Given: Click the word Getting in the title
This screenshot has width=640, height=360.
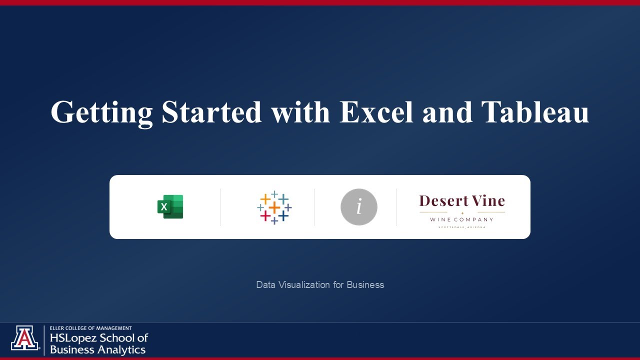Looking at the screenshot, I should tap(101, 112).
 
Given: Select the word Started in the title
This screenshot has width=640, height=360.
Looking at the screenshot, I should tap(211, 112).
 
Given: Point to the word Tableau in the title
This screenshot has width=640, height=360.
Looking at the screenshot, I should tap(535, 112).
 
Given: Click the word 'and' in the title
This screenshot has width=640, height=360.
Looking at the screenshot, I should tap(447, 112).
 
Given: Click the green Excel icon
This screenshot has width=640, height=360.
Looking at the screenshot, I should tap(170, 206).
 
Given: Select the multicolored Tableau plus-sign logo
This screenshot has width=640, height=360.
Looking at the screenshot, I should tap(274, 207).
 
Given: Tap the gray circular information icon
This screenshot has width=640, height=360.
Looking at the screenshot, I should tap(358, 207).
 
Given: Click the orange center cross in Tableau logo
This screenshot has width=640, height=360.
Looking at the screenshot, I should tap(274, 207).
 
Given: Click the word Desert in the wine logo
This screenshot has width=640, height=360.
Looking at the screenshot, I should tap(439, 201).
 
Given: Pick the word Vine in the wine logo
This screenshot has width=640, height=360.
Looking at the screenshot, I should tap(484, 201).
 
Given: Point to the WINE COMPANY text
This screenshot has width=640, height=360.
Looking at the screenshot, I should tap(461, 219).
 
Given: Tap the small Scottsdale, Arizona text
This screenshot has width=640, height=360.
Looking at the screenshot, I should tap(461, 227).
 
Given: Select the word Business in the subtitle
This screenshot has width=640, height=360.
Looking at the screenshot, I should tap(365, 284).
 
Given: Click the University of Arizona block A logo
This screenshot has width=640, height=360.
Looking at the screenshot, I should tap(24, 338).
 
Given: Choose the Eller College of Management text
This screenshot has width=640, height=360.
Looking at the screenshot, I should tap(91, 328).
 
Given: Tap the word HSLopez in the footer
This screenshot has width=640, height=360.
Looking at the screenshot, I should tap(73, 338).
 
